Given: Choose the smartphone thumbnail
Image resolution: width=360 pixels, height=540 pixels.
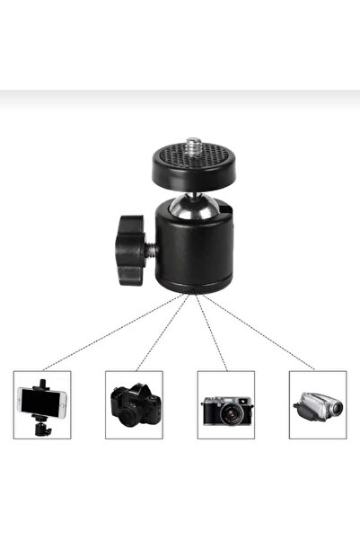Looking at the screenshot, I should [x=42, y=404].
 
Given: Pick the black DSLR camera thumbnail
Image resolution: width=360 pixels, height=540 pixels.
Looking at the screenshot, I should [x=134, y=404].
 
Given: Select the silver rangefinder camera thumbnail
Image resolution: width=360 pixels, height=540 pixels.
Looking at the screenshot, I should [x=225, y=404].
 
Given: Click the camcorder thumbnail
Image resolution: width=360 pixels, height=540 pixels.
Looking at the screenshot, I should [x=318, y=406].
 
